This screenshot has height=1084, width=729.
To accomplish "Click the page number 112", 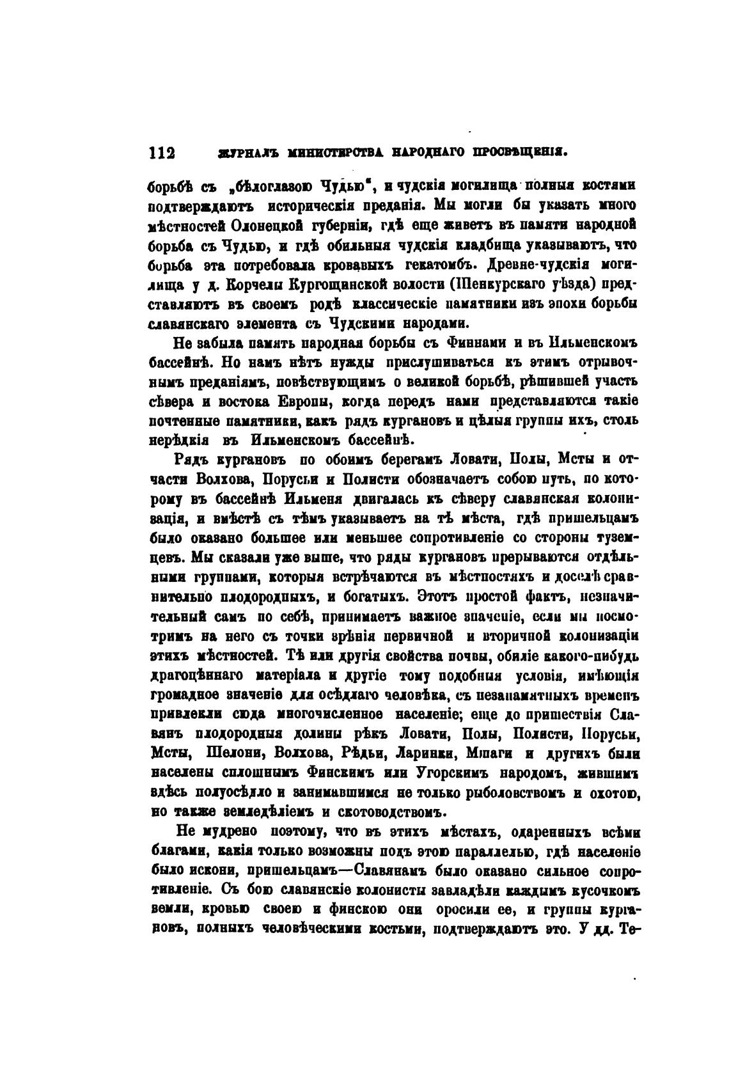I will tap(161, 153).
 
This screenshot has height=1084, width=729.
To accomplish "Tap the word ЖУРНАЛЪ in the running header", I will tap(238, 154).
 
